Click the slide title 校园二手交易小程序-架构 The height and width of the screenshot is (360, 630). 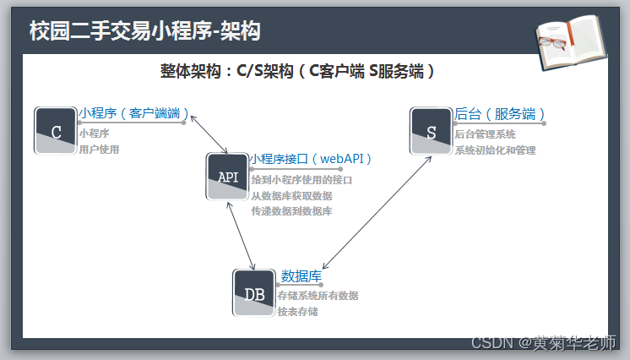tap(144, 31)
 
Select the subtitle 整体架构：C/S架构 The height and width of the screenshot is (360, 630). tap(298, 72)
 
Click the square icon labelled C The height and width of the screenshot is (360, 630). tap(56, 131)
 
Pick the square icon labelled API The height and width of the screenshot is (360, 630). tap(228, 176)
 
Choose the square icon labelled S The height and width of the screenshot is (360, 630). tap(431, 131)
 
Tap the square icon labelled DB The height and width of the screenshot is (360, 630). tap(254, 293)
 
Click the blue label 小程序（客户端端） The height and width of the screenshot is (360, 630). tap(133, 113)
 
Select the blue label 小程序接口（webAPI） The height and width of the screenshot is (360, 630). tap(311, 158)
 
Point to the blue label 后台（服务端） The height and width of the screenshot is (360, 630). tap(500, 113)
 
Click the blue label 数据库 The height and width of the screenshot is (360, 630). tap(301, 275)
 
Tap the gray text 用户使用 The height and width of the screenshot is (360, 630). tap(99, 150)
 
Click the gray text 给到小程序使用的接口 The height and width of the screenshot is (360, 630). tap(301, 180)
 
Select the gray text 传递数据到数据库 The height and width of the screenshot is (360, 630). tap(291, 210)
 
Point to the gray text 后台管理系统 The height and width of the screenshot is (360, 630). tap(485, 134)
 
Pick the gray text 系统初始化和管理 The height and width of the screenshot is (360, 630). tap(495, 150)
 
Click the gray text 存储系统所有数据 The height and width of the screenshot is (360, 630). tap(318, 296)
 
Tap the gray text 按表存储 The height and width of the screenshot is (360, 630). tap(297, 312)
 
